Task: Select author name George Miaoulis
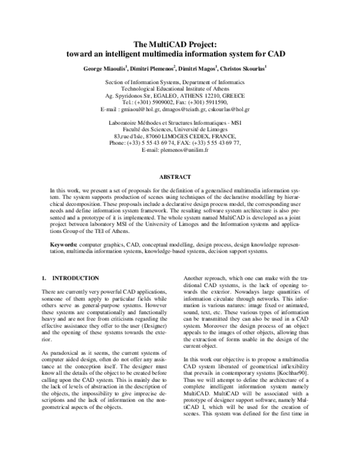[106, 67]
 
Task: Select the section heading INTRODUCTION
[76, 278]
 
